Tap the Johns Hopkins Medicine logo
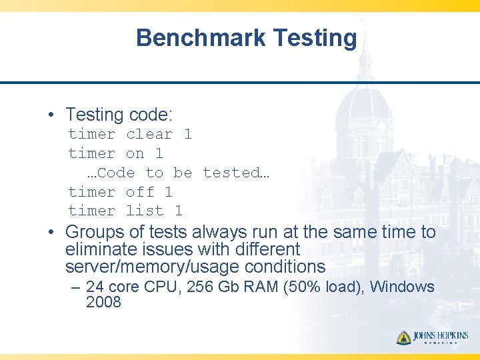(432, 337)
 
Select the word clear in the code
(149, 134)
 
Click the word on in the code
(135, 153)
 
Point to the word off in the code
(139, 192)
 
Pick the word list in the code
(145, 211)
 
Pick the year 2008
(103, 303)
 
